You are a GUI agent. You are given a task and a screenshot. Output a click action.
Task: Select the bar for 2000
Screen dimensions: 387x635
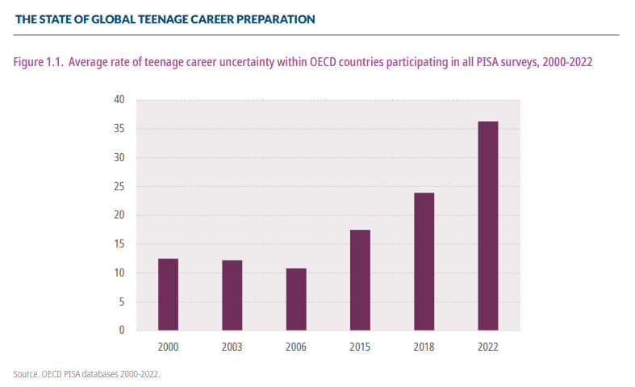coord(168,294)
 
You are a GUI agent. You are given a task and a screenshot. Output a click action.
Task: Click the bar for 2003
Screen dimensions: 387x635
coord(232,295)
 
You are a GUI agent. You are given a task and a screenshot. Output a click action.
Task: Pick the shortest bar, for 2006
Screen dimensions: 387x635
coord(296,299)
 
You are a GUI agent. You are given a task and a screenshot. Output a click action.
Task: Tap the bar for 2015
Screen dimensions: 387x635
coord(360,280)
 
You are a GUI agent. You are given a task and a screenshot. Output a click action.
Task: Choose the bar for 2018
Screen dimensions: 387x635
coord(424,261)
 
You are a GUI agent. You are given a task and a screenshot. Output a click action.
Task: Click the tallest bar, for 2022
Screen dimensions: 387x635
coord(488,226)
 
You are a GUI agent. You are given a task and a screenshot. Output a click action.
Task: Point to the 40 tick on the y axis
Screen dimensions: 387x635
coord(119,100)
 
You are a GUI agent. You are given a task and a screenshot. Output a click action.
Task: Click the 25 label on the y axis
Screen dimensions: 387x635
coord(119,186)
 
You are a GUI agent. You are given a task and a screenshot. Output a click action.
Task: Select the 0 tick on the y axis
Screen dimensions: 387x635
coord(122,331)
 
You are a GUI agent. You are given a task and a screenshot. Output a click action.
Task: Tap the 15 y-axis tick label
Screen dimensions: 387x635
coord(119,244)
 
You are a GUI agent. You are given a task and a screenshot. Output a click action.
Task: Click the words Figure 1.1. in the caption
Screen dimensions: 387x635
coord(38,61)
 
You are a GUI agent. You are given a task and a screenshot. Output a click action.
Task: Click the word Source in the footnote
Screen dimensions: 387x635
coord(26,373)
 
